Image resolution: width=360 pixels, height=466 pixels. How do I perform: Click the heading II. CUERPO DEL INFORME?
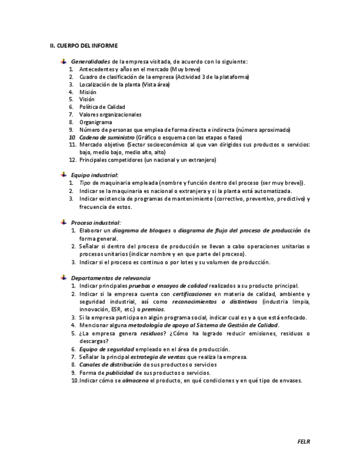(x=84, y=46)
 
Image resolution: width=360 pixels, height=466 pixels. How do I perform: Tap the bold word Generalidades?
(x=91, y=62)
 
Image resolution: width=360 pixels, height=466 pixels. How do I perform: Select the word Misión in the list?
(x=87, y=92)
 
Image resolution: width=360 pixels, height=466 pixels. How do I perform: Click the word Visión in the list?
(x=87, y=99)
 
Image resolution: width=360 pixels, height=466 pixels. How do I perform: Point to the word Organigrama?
(x=95, y=122)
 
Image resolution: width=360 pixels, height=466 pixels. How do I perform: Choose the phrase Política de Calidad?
(x=102, y=107)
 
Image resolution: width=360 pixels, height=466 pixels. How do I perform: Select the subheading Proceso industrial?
(x=95, y=223)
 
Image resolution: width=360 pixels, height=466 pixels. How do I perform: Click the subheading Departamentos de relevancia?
(x=110, y=278)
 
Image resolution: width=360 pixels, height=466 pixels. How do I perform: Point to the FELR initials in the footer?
(x=303, y=441)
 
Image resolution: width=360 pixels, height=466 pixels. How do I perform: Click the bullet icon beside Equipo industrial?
(x=64, y=175)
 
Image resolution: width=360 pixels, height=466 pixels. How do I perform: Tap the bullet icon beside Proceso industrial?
(x=64, y=223)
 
